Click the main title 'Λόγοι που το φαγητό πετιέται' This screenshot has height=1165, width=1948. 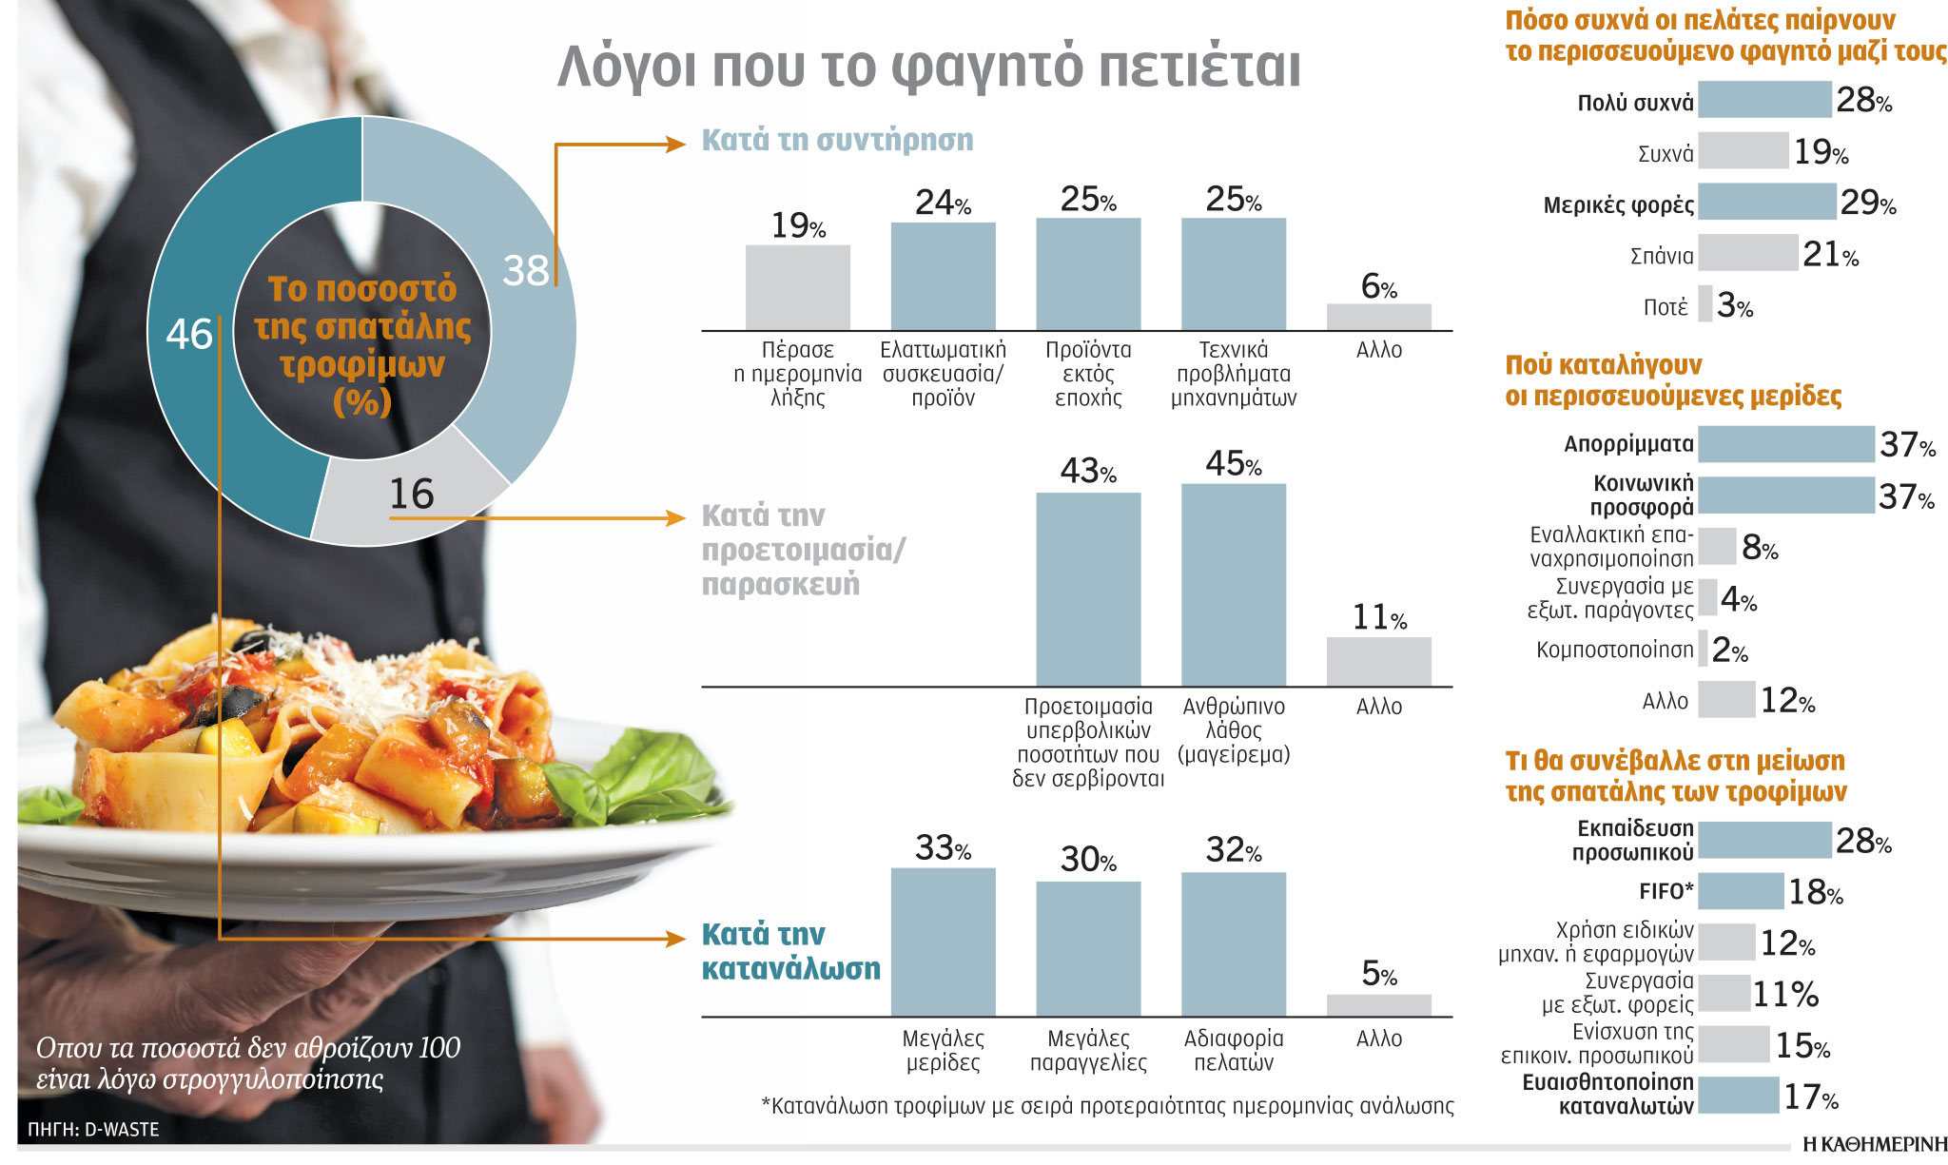click(x=928, y=67)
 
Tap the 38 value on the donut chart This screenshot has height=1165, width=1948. click(x=525, y=270)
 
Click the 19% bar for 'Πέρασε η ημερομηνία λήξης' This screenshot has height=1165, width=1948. click(x=797, y=288)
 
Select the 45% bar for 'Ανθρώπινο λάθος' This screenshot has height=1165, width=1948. click(x=1233, y=585)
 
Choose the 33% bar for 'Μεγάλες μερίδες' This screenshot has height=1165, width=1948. click(x=943, y=942)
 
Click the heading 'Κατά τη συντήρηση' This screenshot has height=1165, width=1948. click(x=837, y=141)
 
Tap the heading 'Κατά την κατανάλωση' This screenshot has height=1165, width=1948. click(x=790, y=951)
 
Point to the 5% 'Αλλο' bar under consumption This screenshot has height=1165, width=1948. click(x=1378, y=1005)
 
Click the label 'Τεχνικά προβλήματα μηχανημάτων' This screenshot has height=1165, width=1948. click(x=1233, y=374)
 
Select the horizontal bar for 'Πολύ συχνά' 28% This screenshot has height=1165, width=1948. click(x=1763, y=100)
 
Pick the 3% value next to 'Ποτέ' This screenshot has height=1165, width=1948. click(x=1734, y=305)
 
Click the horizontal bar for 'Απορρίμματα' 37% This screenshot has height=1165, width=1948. click(x=1785, y=444)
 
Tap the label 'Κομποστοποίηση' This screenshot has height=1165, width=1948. click(x=1614, y=650)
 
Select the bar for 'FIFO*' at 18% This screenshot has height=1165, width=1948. click(x=1740, y=891)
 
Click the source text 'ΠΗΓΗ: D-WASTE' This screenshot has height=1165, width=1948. click(x=93, y=1130)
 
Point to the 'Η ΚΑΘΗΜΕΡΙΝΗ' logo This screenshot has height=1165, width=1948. click(x=1874, y=1144)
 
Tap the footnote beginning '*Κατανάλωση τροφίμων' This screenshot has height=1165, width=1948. click(x=1107, y=1106)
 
